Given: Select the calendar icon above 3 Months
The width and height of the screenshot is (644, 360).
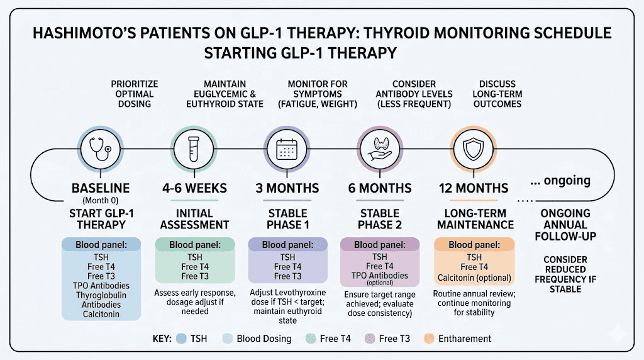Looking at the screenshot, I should (x=287, y=149).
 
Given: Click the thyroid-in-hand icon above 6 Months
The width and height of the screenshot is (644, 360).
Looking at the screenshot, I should (x=381, y=149).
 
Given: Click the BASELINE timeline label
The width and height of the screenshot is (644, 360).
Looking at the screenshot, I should (x=99, y=188).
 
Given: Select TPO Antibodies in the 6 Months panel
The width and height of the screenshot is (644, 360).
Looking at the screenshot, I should (x=379, y=275).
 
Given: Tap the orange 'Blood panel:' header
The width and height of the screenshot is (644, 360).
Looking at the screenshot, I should (x=474, y=245).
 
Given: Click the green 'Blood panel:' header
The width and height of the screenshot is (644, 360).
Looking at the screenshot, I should (x=194, y=245).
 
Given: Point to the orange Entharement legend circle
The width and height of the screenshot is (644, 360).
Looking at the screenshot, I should (x=429, y=339).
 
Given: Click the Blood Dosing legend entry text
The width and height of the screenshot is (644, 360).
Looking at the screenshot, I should (x=264, y=339).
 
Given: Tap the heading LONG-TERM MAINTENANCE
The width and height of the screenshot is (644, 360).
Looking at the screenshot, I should (x=474, y=219).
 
